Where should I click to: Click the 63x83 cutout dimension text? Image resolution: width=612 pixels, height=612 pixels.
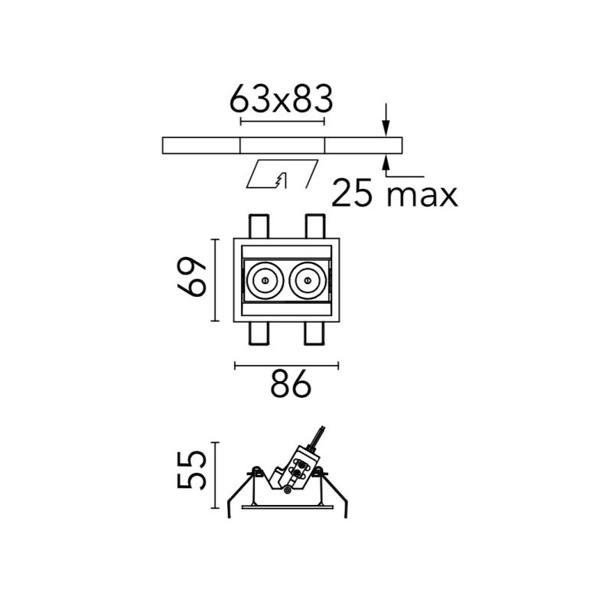[281, 99]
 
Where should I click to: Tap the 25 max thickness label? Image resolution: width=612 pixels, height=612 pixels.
[394, 193]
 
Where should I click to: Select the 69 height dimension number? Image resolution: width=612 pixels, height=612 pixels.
[192, 277]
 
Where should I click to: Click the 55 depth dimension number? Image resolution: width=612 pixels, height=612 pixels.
[191, 470]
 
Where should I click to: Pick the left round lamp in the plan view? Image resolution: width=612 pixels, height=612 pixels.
[265, 280]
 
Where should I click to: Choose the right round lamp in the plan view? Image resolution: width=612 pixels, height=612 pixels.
[308, 280]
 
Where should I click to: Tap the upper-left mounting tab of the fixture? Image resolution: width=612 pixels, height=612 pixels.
[259, 226]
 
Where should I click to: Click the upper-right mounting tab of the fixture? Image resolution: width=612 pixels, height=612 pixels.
[314, 226]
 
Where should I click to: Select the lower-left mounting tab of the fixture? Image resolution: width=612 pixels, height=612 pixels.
[259, 334]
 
